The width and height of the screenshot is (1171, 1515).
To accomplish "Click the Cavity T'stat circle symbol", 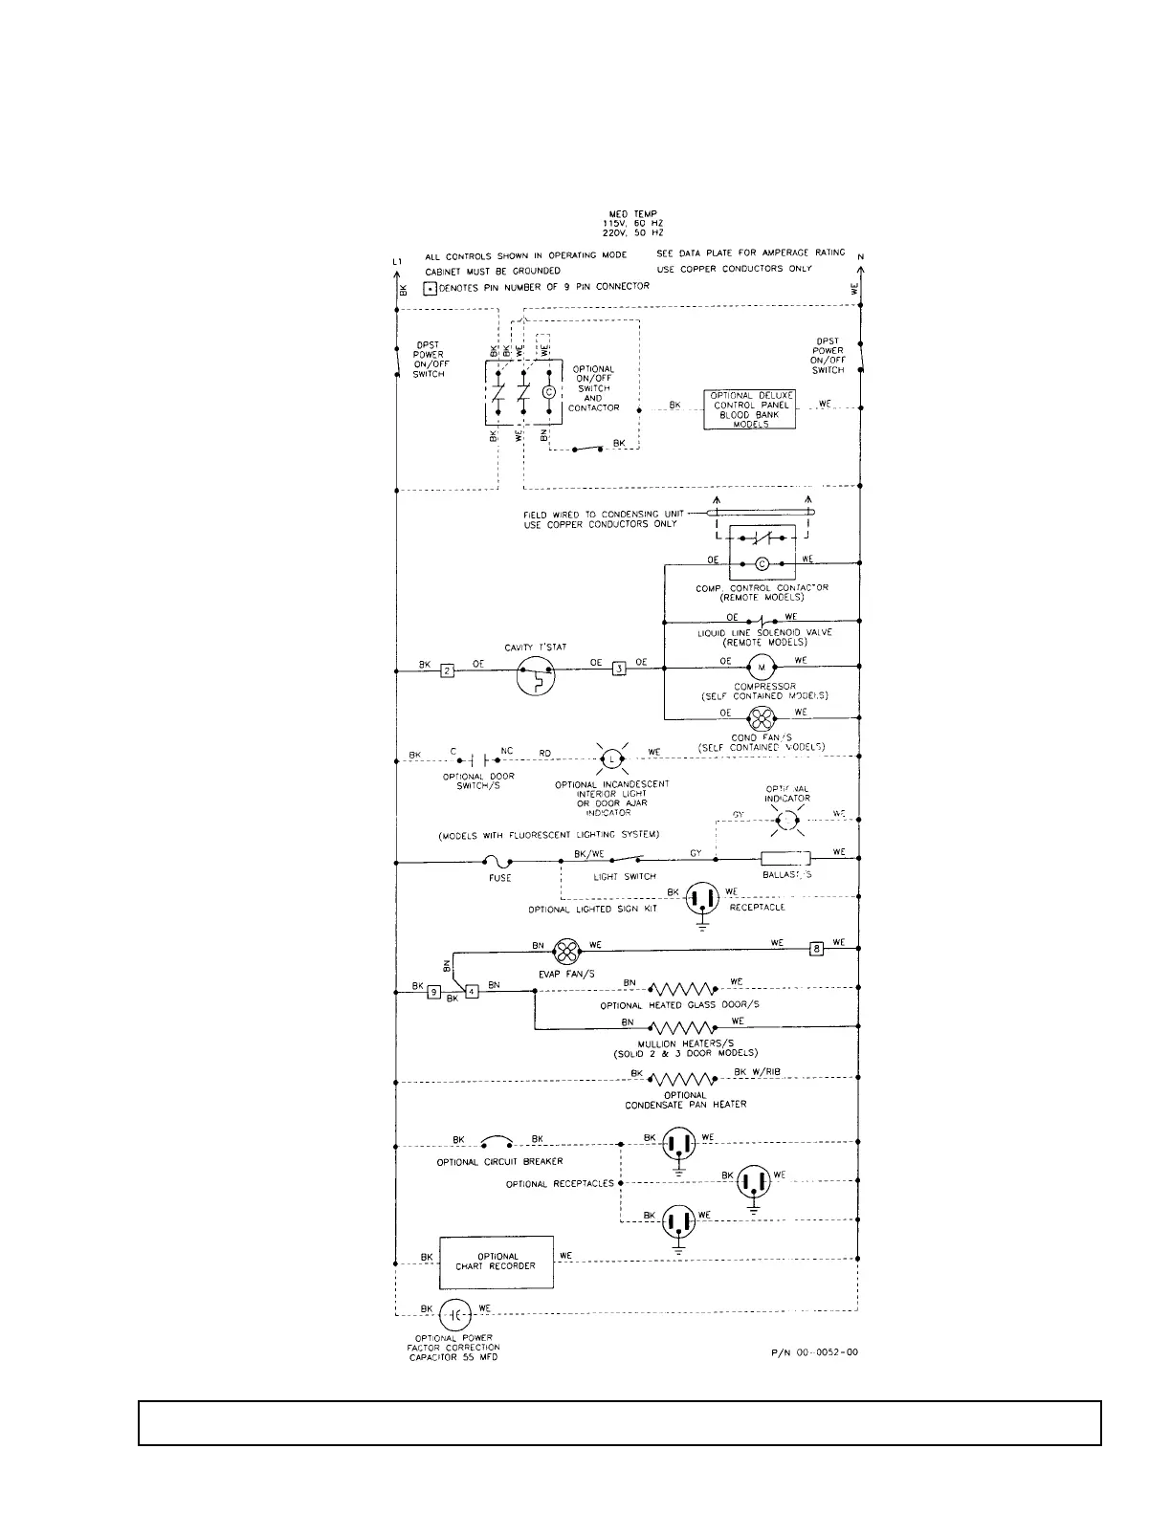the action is point(536,677).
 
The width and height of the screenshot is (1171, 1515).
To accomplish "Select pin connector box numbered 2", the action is point(447,670).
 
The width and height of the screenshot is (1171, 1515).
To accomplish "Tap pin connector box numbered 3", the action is point(619,668).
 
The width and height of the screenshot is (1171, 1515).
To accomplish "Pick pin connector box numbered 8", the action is point(816,949).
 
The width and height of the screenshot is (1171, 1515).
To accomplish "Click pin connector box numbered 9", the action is point(434,992).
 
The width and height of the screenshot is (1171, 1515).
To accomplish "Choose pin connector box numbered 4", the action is point(472,992).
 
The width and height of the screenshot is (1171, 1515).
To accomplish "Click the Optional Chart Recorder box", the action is point(497,1262).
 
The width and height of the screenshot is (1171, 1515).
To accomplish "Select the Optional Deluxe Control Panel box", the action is point(750,409).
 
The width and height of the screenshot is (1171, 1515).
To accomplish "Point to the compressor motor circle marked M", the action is point(762,668).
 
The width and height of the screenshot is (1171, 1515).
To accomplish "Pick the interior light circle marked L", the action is point(610,760).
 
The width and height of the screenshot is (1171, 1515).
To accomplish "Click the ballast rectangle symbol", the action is point(785,859).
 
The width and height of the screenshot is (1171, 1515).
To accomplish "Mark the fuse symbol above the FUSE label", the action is point(498,862).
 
